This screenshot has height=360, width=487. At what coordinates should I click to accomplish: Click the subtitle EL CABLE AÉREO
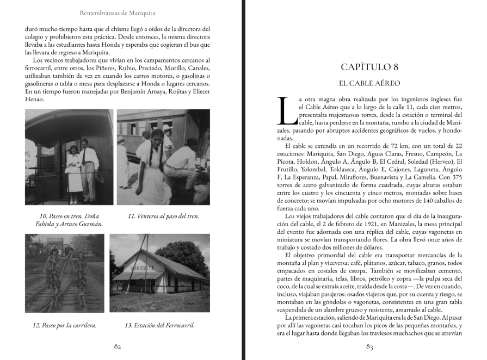tap(369, 83)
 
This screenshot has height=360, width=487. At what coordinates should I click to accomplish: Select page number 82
tap(117, 346)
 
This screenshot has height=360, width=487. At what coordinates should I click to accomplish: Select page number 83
tap(369, 346)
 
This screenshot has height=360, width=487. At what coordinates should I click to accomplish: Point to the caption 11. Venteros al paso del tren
tap(163, 216)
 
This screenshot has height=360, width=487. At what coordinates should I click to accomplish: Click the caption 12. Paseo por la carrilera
tap(65, 325)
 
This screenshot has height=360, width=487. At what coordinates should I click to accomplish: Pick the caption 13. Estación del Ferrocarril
tap(160, 325)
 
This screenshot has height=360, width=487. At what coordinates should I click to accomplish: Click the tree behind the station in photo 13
tap(182, 253)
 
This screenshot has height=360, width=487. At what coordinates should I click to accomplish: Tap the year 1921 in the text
tap(351, 224)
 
